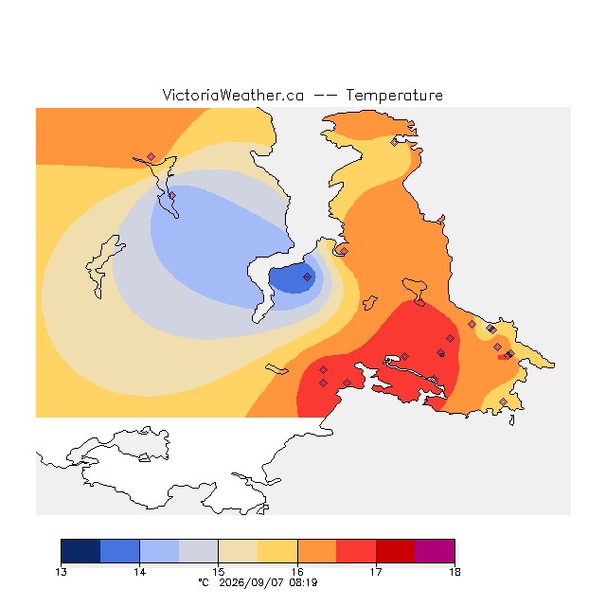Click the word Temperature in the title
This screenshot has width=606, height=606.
(394, 95)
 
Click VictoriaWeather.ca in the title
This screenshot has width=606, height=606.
(233, 95)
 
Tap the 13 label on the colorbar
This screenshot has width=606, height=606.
(61, 572)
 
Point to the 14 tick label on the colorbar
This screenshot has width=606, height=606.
(139, 572)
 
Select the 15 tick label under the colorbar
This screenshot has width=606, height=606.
(219, 572)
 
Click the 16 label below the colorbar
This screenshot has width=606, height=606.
(297, 572)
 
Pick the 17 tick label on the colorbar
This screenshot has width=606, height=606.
(376, 572)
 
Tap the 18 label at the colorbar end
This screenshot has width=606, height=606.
(454, 572)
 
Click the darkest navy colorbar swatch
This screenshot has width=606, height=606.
(80, 551)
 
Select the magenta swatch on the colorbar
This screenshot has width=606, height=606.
(435, 551)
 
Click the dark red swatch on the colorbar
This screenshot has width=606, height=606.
(396, 551)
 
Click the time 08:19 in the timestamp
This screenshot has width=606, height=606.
(303, 583)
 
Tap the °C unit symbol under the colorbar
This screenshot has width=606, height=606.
(204, 583)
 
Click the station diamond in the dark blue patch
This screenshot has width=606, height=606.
(307, 276)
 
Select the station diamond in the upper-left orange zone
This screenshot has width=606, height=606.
(151, 156)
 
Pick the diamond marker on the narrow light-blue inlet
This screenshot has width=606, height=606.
(172, 196)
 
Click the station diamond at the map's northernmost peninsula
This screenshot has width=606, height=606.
(394, 142)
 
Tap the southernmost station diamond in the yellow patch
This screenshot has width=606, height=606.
(503, 401)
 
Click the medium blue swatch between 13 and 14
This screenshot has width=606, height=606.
(120, 551)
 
